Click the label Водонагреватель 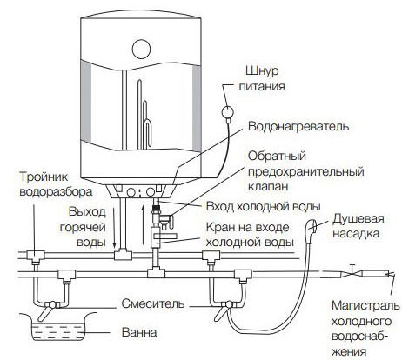[298, 127]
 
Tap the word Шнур [262, 71]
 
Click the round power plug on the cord [228, 112]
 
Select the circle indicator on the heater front [141, 49]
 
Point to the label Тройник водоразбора [56, 184]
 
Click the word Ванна [139, 332]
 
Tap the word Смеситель [153, 303]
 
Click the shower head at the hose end [312, 226]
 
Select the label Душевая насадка [358, 226]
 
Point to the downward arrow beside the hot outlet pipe [114, 228]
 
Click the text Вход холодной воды [264, 207]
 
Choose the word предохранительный [306, 171]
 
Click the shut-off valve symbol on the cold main [352, 273]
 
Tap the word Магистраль [365, 305]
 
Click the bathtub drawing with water [58, 327]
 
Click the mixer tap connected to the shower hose [227, 307]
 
